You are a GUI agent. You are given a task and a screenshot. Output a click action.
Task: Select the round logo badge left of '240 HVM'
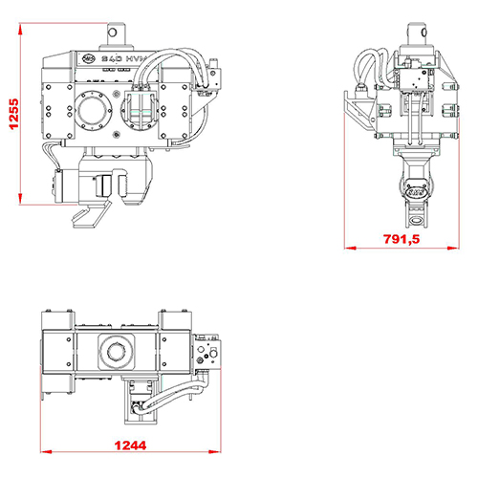pyautogui.click(x=90, y=58)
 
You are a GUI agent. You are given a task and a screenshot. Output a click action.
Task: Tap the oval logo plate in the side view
pyautogui.click(x=417, y=191)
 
